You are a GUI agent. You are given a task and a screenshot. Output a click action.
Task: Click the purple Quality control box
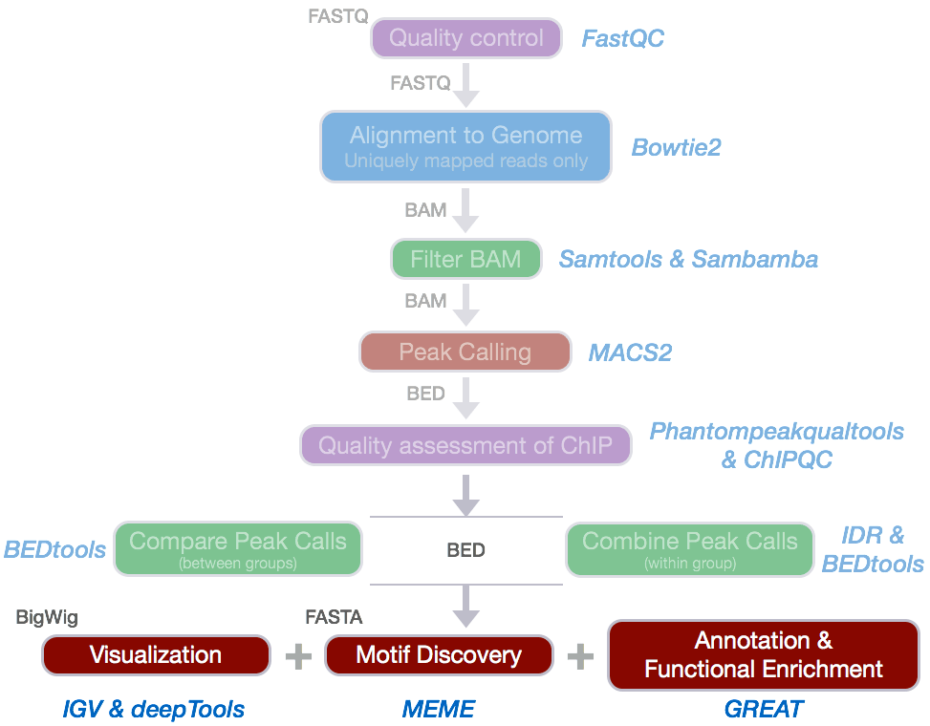click(466, 39)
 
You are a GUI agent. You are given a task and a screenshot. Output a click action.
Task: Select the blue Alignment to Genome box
click(465, 146)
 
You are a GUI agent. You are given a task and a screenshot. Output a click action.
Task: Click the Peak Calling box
click(465, 352)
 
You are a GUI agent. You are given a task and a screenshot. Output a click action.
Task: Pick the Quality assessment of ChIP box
click(465, 445)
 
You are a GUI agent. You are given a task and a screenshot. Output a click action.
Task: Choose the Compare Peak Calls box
click(238, 549)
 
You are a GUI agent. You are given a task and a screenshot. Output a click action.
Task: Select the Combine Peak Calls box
click(689, 549)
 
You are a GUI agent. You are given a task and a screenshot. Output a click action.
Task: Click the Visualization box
click(156, 655)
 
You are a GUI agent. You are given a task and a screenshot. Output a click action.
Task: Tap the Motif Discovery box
click(439, 655)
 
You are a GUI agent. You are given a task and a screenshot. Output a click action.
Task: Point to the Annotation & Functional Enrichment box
click(763, 655)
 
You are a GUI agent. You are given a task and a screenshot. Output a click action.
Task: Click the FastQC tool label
click(623, 39)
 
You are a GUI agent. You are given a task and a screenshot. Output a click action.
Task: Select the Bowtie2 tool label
click(676, 147)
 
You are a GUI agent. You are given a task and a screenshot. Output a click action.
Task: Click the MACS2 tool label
click(630, 352)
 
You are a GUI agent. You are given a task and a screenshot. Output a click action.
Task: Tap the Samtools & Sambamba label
click(688, 260)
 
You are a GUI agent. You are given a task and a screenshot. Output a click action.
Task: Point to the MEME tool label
click(438, 709)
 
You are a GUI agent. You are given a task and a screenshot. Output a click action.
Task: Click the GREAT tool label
click(763, 709)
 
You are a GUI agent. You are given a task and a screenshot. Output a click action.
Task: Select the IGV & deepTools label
click(153, 709)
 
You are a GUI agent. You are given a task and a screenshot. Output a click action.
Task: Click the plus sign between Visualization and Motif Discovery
click(298, 655)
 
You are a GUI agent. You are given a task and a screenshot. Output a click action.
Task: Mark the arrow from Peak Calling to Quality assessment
click(465, 399)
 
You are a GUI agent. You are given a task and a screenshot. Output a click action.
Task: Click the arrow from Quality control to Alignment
click(465, 88)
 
